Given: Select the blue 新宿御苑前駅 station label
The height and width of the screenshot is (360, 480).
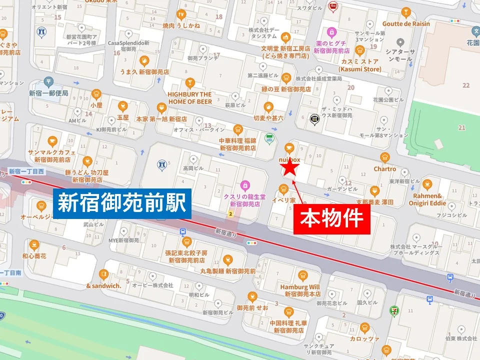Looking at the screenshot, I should point(122,203).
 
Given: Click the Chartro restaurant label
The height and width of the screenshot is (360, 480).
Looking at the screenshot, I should point(384,169).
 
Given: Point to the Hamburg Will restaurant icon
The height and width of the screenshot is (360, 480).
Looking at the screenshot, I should point(302,275).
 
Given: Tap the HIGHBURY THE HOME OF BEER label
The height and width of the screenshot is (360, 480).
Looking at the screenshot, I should point(189,97).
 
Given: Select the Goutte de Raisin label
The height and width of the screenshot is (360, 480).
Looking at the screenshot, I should point(406,23).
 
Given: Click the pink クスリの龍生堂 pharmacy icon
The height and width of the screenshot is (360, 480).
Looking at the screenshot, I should point(244,185).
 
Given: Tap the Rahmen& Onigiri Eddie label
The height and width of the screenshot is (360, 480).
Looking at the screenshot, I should point(427,199).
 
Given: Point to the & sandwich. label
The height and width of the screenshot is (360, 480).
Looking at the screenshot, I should point(103,286).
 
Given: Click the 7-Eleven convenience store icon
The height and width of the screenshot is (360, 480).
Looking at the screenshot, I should point(396,310).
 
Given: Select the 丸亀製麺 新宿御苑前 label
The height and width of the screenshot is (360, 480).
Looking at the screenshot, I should point(228,270).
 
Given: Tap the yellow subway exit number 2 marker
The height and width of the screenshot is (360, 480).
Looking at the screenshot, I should point(230,214).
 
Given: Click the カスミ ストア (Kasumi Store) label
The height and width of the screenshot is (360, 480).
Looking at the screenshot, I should point(359,65).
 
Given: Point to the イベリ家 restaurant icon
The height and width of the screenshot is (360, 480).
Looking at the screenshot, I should point(283,189).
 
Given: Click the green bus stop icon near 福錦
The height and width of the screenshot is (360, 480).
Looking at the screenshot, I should point(270,138).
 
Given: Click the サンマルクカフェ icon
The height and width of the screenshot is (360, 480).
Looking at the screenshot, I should point(52,140).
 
